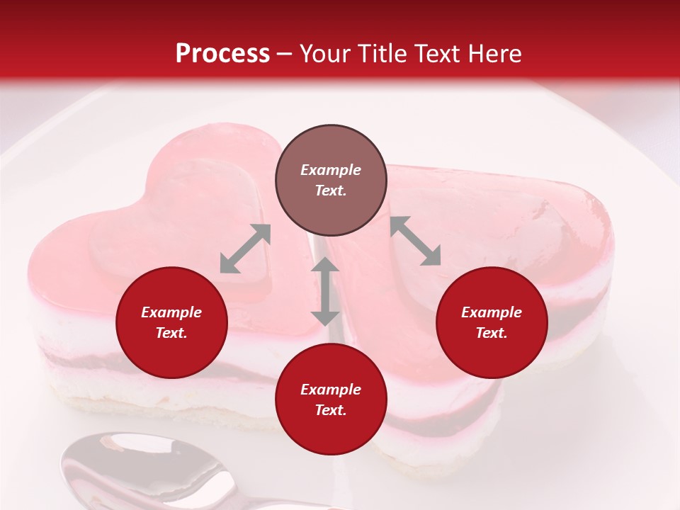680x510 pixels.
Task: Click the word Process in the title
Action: pos(222,54)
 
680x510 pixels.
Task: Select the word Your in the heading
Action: pos(325,54)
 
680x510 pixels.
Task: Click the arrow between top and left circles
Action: pos(245,249)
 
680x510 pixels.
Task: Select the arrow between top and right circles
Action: pos(415,241)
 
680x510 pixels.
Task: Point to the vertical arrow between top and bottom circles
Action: pos(325,291)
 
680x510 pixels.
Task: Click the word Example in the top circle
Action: pos(331,170)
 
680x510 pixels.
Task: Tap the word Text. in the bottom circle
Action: pos(331,410)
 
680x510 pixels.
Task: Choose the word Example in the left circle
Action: pos(171,312)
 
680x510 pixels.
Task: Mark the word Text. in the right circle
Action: pos(492,333)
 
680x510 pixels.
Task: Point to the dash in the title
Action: pos(285,55)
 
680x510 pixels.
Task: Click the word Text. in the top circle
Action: pos(331,191)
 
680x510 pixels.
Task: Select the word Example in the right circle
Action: pos(492,312)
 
